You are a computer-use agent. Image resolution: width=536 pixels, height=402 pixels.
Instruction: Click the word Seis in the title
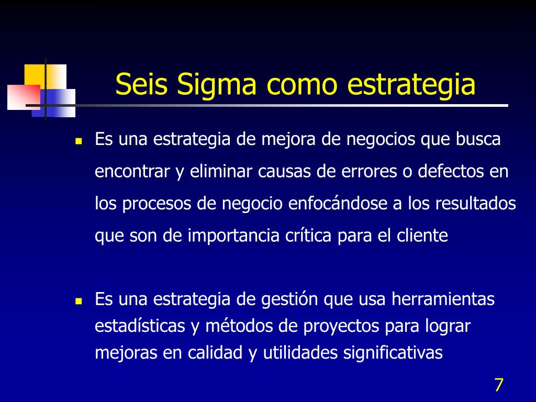pos(141,84)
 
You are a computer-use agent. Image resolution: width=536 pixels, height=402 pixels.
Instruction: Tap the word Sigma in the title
pos(216,85)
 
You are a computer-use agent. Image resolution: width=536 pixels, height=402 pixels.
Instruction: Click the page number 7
pos(499,385)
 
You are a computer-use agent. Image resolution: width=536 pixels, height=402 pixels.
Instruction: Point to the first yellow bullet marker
pos(79,141)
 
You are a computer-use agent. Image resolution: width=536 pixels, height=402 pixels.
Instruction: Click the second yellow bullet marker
pos(79,301)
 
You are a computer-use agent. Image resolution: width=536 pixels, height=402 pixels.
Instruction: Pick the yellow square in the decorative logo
pos(45,76)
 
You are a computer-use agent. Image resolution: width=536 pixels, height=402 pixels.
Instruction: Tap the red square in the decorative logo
pos(24,97)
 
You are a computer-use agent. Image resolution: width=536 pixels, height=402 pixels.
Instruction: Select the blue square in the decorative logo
pos(54,103)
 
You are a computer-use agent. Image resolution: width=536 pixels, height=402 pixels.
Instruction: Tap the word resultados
pos(475,204)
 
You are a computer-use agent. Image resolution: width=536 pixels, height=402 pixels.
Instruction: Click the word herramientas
pos(443,299)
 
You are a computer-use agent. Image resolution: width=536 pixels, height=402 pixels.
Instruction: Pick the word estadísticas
pos(140,326)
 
